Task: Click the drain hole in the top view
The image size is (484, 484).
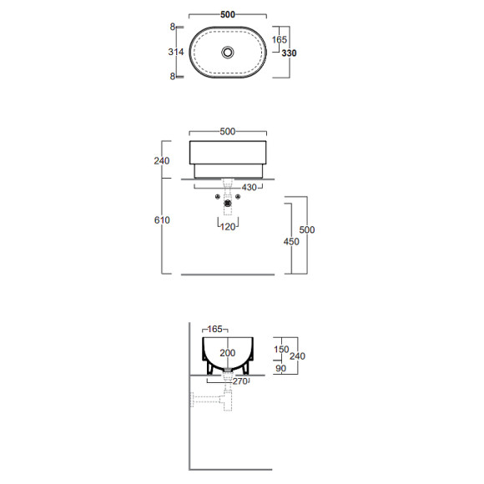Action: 228,53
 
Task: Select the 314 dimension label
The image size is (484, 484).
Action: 176,52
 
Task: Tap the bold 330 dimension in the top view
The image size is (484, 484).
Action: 289,53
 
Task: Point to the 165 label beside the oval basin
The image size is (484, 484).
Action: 279,39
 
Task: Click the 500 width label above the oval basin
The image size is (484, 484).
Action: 228,14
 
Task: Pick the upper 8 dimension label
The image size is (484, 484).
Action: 173,27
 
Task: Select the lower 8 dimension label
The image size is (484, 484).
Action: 173,76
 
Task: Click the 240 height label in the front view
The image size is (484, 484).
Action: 162,160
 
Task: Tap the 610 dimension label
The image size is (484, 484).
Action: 162,220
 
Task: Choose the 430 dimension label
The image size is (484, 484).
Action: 250,188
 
